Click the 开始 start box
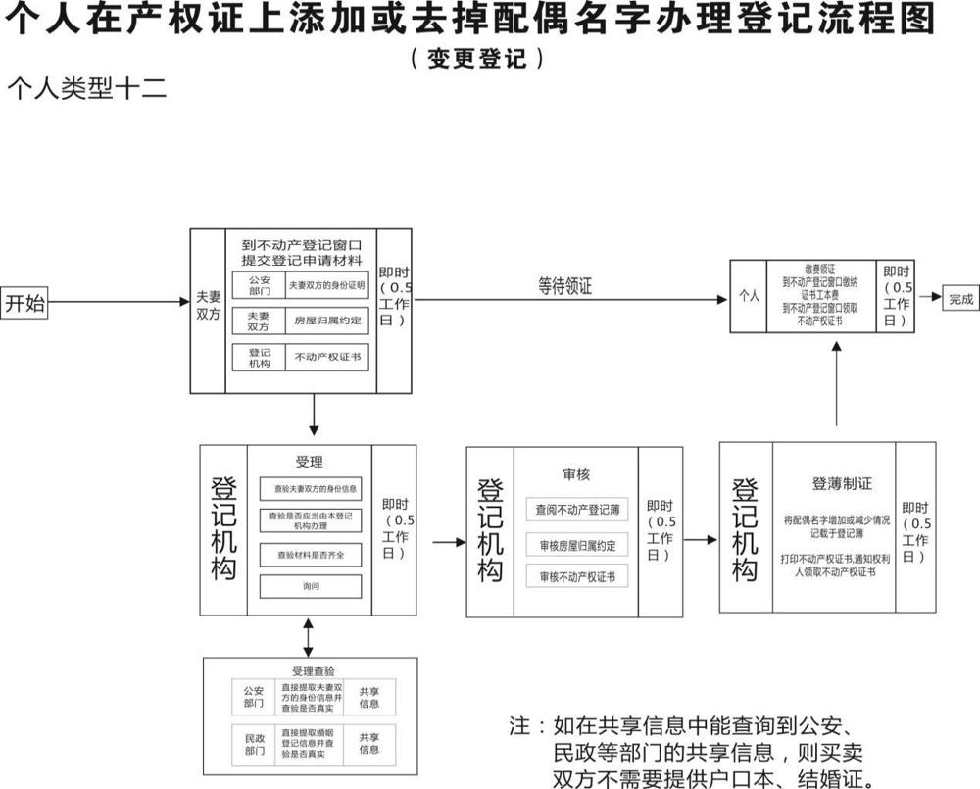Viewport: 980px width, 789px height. pyautogui.click(x=25, y=303)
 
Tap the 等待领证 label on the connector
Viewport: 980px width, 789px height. pyautogui.click(x=564, y=286)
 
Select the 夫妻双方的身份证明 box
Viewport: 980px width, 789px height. pyautogui.click(x=326, y=286)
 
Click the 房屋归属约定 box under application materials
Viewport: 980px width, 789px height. pyautogui.click(x=326, y=321)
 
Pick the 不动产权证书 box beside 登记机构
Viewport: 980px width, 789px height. pyautogui.click(x=326, y=357)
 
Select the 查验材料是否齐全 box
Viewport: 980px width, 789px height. pyautogui.click(x=310, y=556)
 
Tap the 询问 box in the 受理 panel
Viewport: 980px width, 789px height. pyautogui.click(x=310, y=587)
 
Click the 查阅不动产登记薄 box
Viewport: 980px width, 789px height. pyautogui.click(x=576, y=510)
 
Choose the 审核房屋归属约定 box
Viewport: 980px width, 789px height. pyautogui.click(x=576, y=545)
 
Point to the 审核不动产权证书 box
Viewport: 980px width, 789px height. pyautogui.click(x=576, y=577)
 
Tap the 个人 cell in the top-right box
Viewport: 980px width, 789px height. pyautogui.click(x=749, y=295)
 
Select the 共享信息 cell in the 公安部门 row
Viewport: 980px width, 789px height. pyautogui.click(x=369, y=696)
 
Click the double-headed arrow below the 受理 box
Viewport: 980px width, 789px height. pyautogui.click(x=310, y=637)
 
